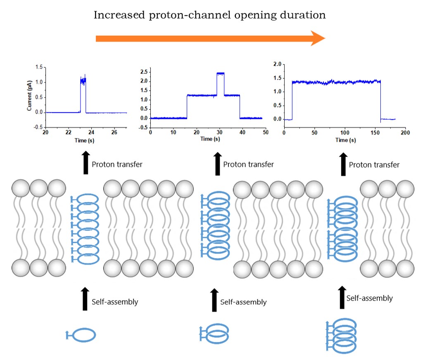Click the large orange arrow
(x=211, y=38)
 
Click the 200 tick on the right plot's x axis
(x=405, y=133)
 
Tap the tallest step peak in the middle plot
(x=220, y=73)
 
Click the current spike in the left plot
(x=83, y=81)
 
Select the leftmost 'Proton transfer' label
(x=117, y=164)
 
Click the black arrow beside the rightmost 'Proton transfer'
(x=342, y=165)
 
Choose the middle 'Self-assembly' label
(x=243, y=302)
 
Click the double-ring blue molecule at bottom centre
(x=215, y=333)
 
